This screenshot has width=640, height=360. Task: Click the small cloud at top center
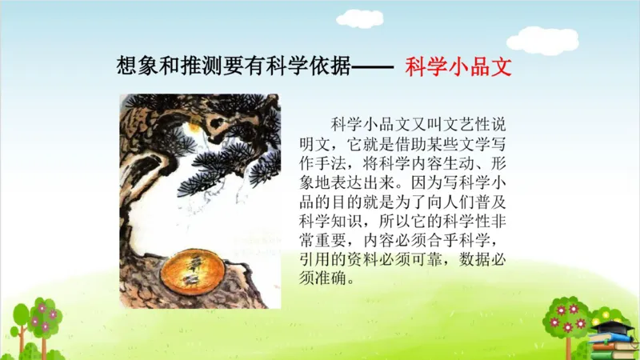359,18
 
